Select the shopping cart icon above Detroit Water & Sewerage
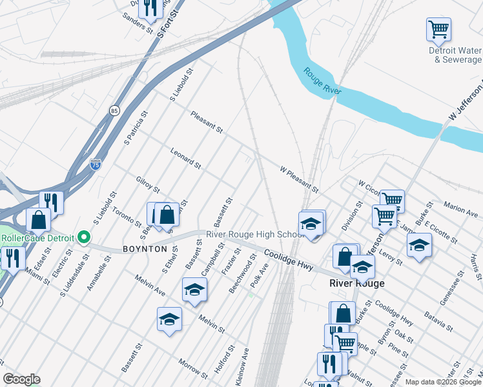coord(438,30)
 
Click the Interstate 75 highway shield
coord(95,164)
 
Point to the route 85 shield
coord(114,110)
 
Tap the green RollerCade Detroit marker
coord(83,237)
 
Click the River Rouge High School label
coord(254,234)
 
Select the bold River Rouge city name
coord(356,283)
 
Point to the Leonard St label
coord(186,159)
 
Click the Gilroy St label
coord(148,185)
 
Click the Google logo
coord(21,379)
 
